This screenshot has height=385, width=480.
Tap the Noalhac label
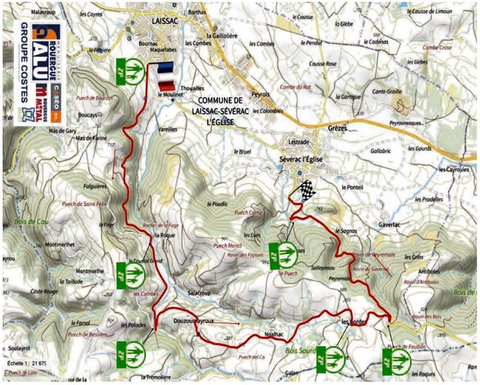(274, 335)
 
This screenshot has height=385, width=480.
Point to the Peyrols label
(261, 94)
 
